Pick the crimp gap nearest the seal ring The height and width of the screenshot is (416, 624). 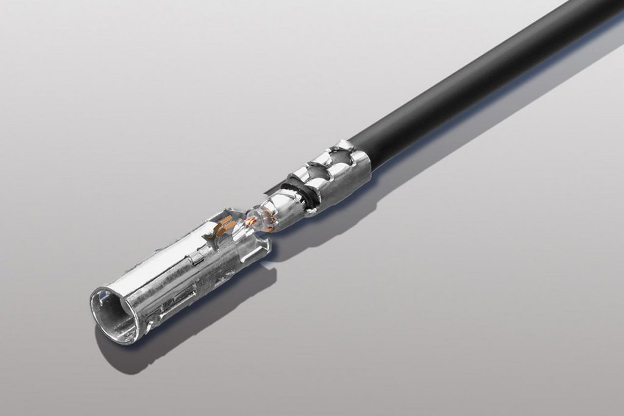click(x=316, y=175)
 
